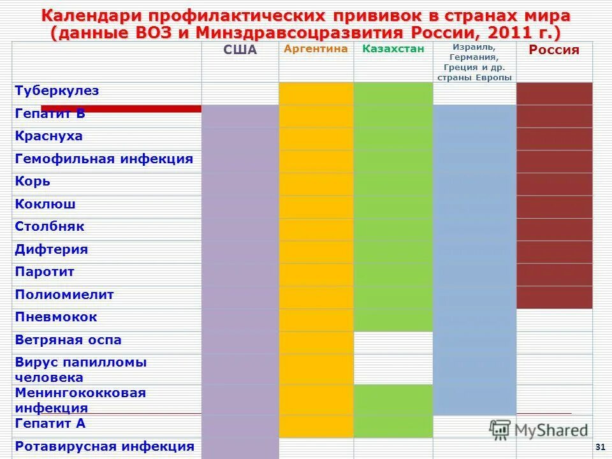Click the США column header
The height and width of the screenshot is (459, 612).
(x=240, y=51)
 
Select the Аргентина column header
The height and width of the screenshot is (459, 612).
(x=316, y=49)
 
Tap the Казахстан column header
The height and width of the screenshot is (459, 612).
(x=393, y=49)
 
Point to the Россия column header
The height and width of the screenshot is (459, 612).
(x=554, y=51)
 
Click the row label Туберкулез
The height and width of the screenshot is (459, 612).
(x=57, y=91)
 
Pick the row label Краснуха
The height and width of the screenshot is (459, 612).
(x=48, y=136)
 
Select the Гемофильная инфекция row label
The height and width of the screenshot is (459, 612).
(x=103, y=159)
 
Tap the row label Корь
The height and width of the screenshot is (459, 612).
(x=33, y=182)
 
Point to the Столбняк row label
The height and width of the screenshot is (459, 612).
(x=49, y=227)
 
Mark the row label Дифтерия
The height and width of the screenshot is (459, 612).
(x=51, y=250)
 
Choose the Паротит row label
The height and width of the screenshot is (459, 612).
(x=45, y=272)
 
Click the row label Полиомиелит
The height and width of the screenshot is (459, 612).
(x=64, y=295)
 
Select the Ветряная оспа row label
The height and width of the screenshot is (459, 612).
(x=68, y=340)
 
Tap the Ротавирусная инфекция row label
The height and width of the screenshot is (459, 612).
(x=104, y=447)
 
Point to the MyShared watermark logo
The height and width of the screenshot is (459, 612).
(x=539, y=430)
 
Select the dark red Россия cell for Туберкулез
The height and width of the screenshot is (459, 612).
(x=554, y=93)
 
